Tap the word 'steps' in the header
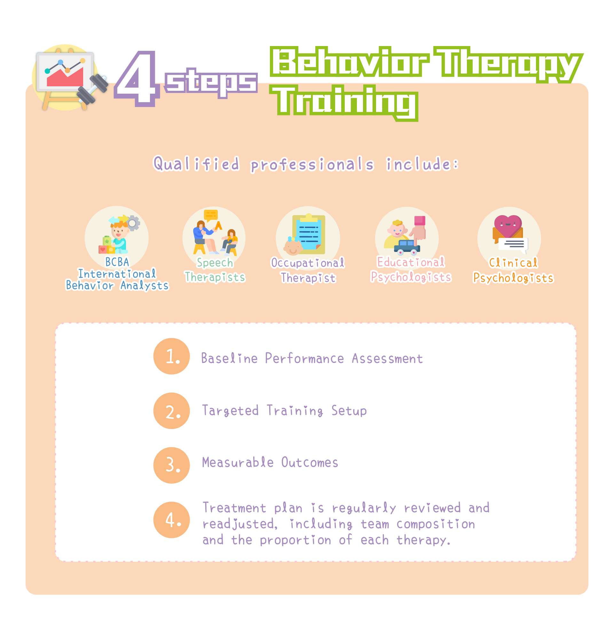coord(211,82)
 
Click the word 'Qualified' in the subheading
coord(196,164)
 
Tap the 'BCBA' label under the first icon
coord(117,262)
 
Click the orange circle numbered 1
coord(172,356)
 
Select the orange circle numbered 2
coord(172,411)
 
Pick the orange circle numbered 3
coord(172,465)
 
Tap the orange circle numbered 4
coord(172,520)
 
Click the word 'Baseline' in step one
coord(229,358)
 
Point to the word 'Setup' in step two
coord(349,410)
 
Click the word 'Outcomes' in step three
coord(310,463)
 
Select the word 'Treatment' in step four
coord(234,508)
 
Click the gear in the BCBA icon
coord(133,223)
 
